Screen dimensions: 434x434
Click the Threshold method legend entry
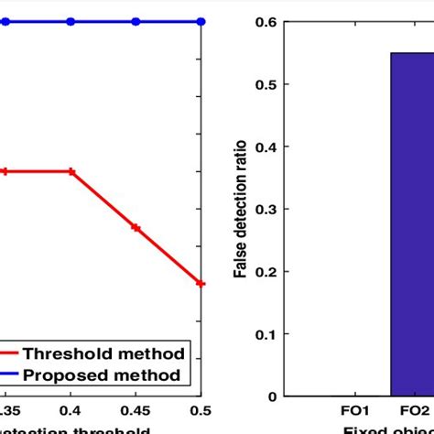pyautogui.click(x=103, y=353)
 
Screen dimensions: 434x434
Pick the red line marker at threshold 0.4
pyautogui.click(x=71, y=171)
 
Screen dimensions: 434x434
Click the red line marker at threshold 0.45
pyautogui.click(x=136, y=227)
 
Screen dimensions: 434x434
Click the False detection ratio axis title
pyautogui.click(x=239, y=209)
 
